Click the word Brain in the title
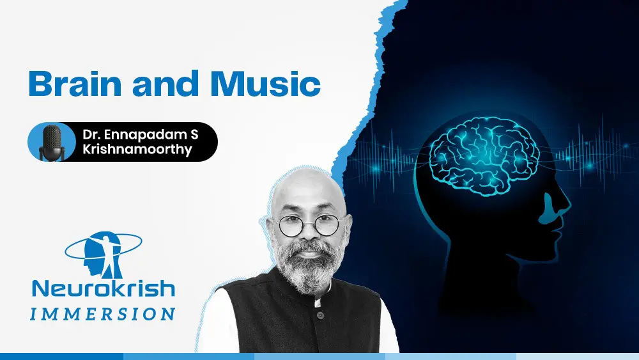[75, 84]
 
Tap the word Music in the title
[265, 84]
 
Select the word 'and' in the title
[166, 84]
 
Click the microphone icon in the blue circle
[52, 143]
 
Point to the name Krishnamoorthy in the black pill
[137, 149]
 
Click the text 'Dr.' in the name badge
[91, 134]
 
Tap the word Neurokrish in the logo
[104, 288]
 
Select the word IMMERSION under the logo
[103, 314]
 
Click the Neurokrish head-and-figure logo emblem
[104, 254]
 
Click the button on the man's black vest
[321, 315]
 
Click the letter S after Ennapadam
[194, 134]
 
